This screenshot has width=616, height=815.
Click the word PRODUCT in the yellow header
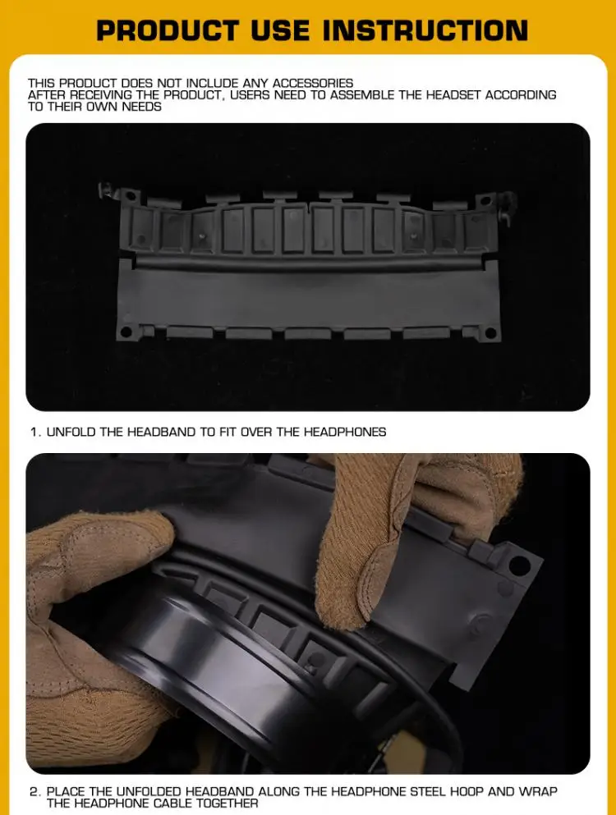point(168,30)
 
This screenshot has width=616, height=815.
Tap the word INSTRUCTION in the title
point(425,30)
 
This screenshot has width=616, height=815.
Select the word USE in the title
point(280,30)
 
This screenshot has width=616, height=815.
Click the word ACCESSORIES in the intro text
point(313,83)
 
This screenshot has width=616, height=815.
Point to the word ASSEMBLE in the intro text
point(362,95)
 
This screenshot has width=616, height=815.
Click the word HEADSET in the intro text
point(453,95)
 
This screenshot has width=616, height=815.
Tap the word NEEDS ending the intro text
point(141,107)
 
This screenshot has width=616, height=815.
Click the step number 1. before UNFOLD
point(35,432)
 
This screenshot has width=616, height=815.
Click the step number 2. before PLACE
point(35,792)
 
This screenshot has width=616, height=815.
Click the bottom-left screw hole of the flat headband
point(126,332)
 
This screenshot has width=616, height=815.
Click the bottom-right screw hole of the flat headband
point(490,332)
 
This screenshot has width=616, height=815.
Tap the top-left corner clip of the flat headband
point(108,190)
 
